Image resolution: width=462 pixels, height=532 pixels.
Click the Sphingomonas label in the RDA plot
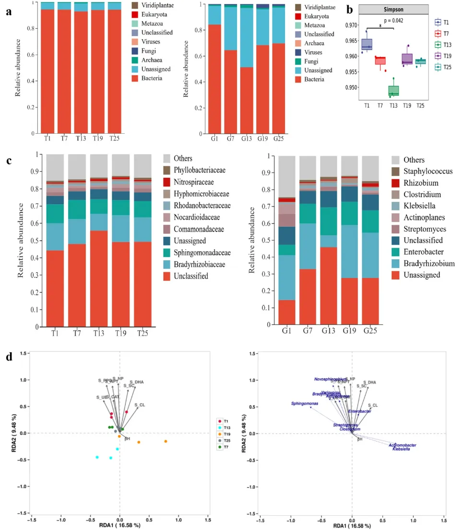[x=305, y=404]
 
